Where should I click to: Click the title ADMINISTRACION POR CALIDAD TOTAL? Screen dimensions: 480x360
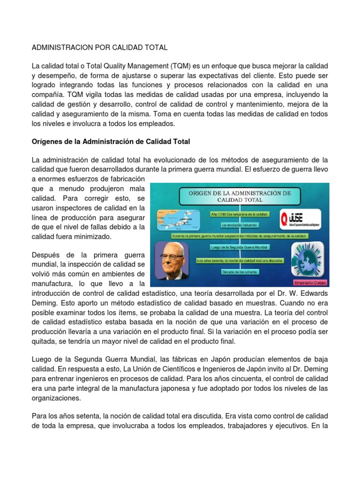(x=99, y=48)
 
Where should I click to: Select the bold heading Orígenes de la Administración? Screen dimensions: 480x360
(x=110, y=141)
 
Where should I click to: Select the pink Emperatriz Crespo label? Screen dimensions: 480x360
(x=310, y=283)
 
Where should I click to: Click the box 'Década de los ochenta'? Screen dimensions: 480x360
(x=240, y=271)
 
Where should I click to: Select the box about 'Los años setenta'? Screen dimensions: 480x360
(x=240, y=260)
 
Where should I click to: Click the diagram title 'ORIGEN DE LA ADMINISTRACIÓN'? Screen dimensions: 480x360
(x=240, y=196)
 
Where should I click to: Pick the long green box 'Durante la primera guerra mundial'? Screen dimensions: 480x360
(x=240, y=236)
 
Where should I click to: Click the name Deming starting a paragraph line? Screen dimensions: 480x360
(x=45, y=303)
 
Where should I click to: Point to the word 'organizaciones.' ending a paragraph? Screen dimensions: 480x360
(x=56, y=398)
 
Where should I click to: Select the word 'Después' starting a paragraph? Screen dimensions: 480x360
(x=45, y=255)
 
